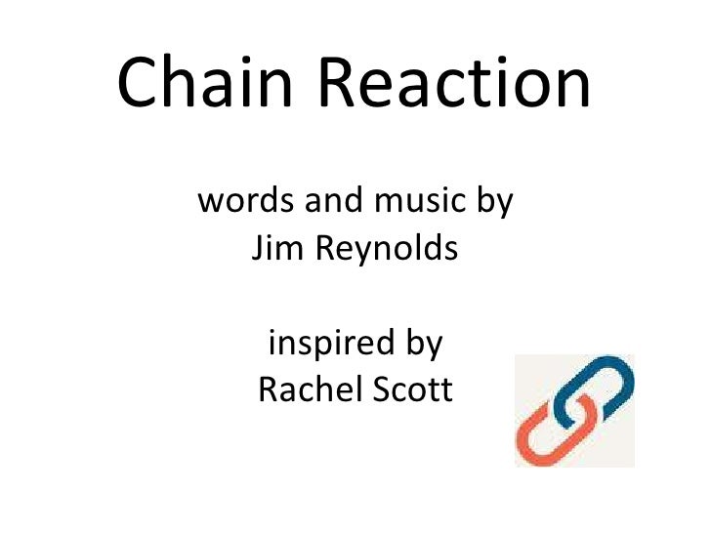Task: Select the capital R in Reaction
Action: point(342,82)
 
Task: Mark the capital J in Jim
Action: point(259,250)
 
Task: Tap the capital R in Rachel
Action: point(268,390)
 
